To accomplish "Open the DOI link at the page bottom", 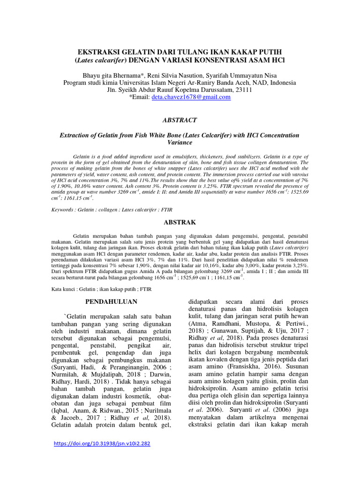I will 102,443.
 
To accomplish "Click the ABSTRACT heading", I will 180,120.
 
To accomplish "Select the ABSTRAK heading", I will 180,222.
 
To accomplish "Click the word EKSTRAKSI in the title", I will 99,51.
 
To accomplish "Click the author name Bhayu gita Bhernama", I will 112,75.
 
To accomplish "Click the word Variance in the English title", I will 180,142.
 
